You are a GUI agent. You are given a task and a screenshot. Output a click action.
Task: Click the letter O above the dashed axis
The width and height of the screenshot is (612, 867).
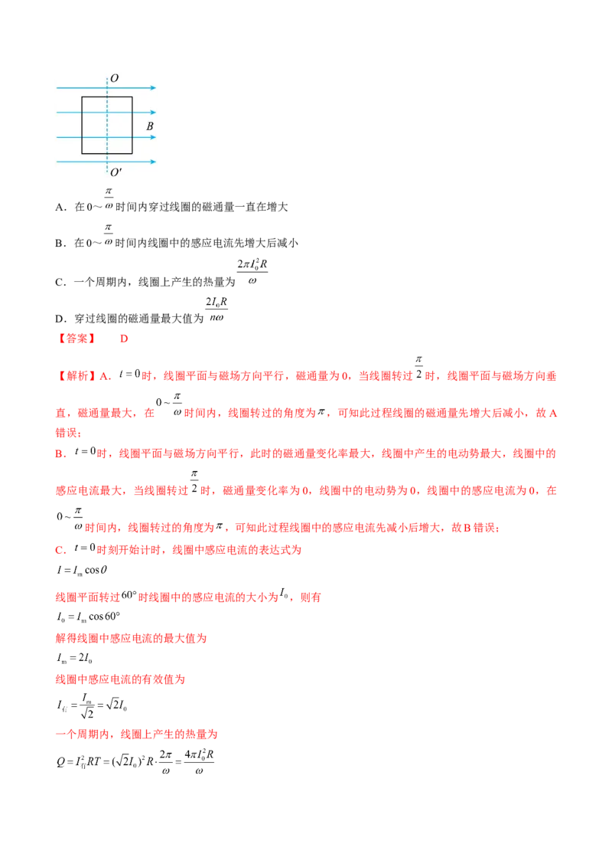click(x=114, y=78)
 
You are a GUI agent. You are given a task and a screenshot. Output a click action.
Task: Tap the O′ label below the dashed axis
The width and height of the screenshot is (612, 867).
click(x=116, y=172)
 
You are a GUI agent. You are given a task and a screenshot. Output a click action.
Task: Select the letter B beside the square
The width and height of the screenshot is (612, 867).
click(x=150, y=126)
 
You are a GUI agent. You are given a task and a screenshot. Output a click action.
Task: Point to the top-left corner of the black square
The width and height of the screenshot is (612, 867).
click(x=82, y=97)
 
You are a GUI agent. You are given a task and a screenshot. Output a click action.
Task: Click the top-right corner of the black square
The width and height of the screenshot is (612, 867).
click(x=132, y=97)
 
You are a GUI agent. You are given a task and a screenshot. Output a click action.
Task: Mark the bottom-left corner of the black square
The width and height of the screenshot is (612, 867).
click(x=82, y=152)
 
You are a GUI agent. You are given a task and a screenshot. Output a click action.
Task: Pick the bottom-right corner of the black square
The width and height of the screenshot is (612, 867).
click(x=132, y=152)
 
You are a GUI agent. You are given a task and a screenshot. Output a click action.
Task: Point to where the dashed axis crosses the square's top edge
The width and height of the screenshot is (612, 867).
click(x=107, y=97)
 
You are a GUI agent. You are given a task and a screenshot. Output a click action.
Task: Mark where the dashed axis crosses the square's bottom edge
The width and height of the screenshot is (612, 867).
click(x=107, y=152)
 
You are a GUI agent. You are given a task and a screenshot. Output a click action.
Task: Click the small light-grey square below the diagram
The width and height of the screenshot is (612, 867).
click(x=108, y=210)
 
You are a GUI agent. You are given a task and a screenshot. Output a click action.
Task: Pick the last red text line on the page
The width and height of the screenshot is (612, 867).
click(x=138, y=734)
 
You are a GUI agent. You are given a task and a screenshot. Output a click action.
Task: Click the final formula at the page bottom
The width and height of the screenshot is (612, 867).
click(x=134, y=761)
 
